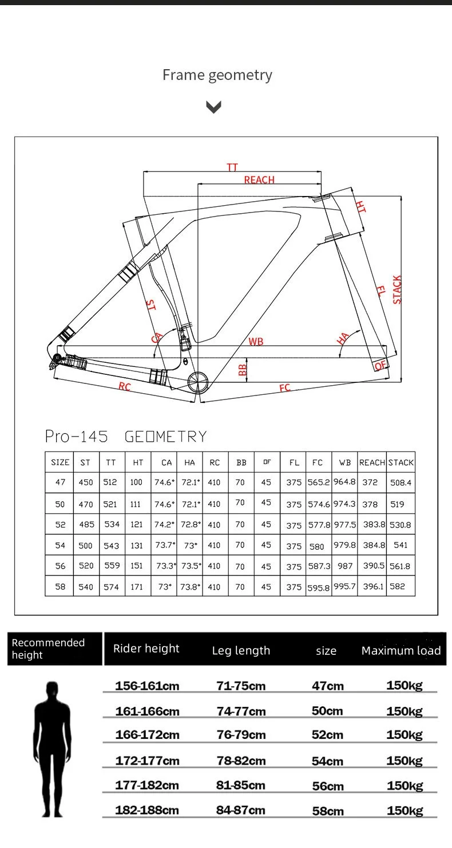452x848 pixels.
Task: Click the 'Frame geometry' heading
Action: [x=217, y=75]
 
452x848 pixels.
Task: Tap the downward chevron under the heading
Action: [x=213, y=107]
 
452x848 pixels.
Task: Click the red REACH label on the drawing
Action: [x=259, y=180]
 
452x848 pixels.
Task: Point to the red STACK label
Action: [x=397, y=290]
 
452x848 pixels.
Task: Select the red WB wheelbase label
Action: [x=256, y=342]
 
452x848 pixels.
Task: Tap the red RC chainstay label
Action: [x=125, y=387]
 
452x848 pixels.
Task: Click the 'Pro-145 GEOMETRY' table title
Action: [x=126, y=437]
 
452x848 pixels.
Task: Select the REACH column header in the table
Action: [x=372, y=462]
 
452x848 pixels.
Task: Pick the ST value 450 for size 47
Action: [x=86, y=482]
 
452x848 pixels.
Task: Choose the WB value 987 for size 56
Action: [x=345, y=566]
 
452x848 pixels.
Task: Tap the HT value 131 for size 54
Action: [x=137, y=545]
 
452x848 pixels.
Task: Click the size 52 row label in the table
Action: [x=60, y=525]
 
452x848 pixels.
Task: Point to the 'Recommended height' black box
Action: [x=55, y=649]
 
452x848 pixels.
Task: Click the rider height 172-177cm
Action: [x=147, y=761]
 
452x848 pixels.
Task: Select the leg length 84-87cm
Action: [x=241, y=810]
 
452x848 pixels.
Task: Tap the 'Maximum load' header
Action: [x=401, y=650]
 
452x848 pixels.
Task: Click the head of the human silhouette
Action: [x=53, y=691]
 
